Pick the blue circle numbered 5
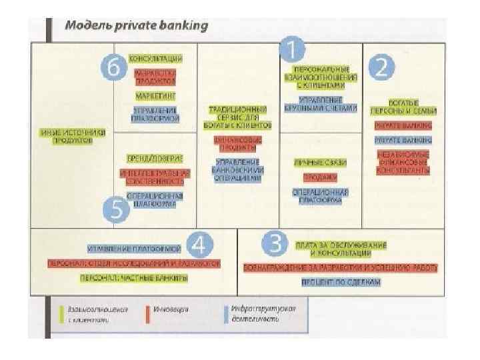pyautogui.click(x=117, y=209)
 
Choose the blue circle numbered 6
pyautogui.click(x=115, y=68)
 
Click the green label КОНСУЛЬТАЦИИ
pyautogui.click(x=155, y=59)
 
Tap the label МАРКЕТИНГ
pyautogui.click(x=155, y=96)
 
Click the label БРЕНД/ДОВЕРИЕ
pyautogui.click(x=155, y=158)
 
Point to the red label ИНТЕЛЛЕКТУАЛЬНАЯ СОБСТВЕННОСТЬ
pyautogui.click(x=155, y=177)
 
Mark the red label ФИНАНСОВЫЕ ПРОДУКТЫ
pyautogui.click(x=238, y=144)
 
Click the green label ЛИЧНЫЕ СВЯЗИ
pyautogui.click(x=320, y=162)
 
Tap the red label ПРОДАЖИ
pyautogui.click(x=320, y=177)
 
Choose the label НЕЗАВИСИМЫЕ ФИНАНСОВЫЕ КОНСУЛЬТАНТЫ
pyautogui.click(x=403, y=161)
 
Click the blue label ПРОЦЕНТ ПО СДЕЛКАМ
pyautogui.click(x=340, y=282)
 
